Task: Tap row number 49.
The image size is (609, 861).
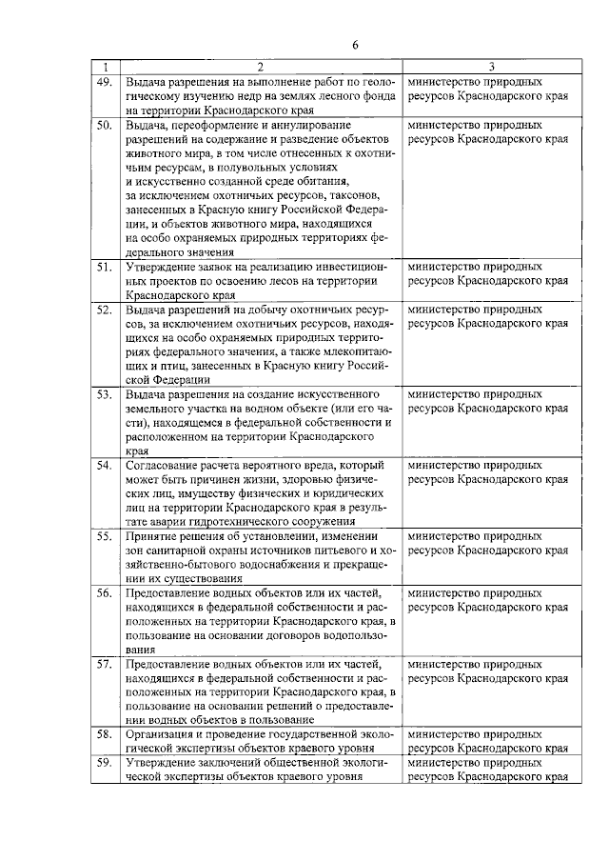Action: tap(105, 83)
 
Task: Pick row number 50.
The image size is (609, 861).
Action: tap(105, 125)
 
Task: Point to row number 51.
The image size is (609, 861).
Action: tap(105, 268)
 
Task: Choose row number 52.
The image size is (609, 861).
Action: tap(105, 310)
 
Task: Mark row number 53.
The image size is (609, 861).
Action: tap(105, 394)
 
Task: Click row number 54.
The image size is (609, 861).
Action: tap(105, 465)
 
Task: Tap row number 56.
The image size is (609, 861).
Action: tap(105, 593)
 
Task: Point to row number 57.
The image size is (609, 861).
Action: tap(105, 664)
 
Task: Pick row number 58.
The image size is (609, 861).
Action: tap(105, 735)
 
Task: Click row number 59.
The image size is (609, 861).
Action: tap(105, 764)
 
